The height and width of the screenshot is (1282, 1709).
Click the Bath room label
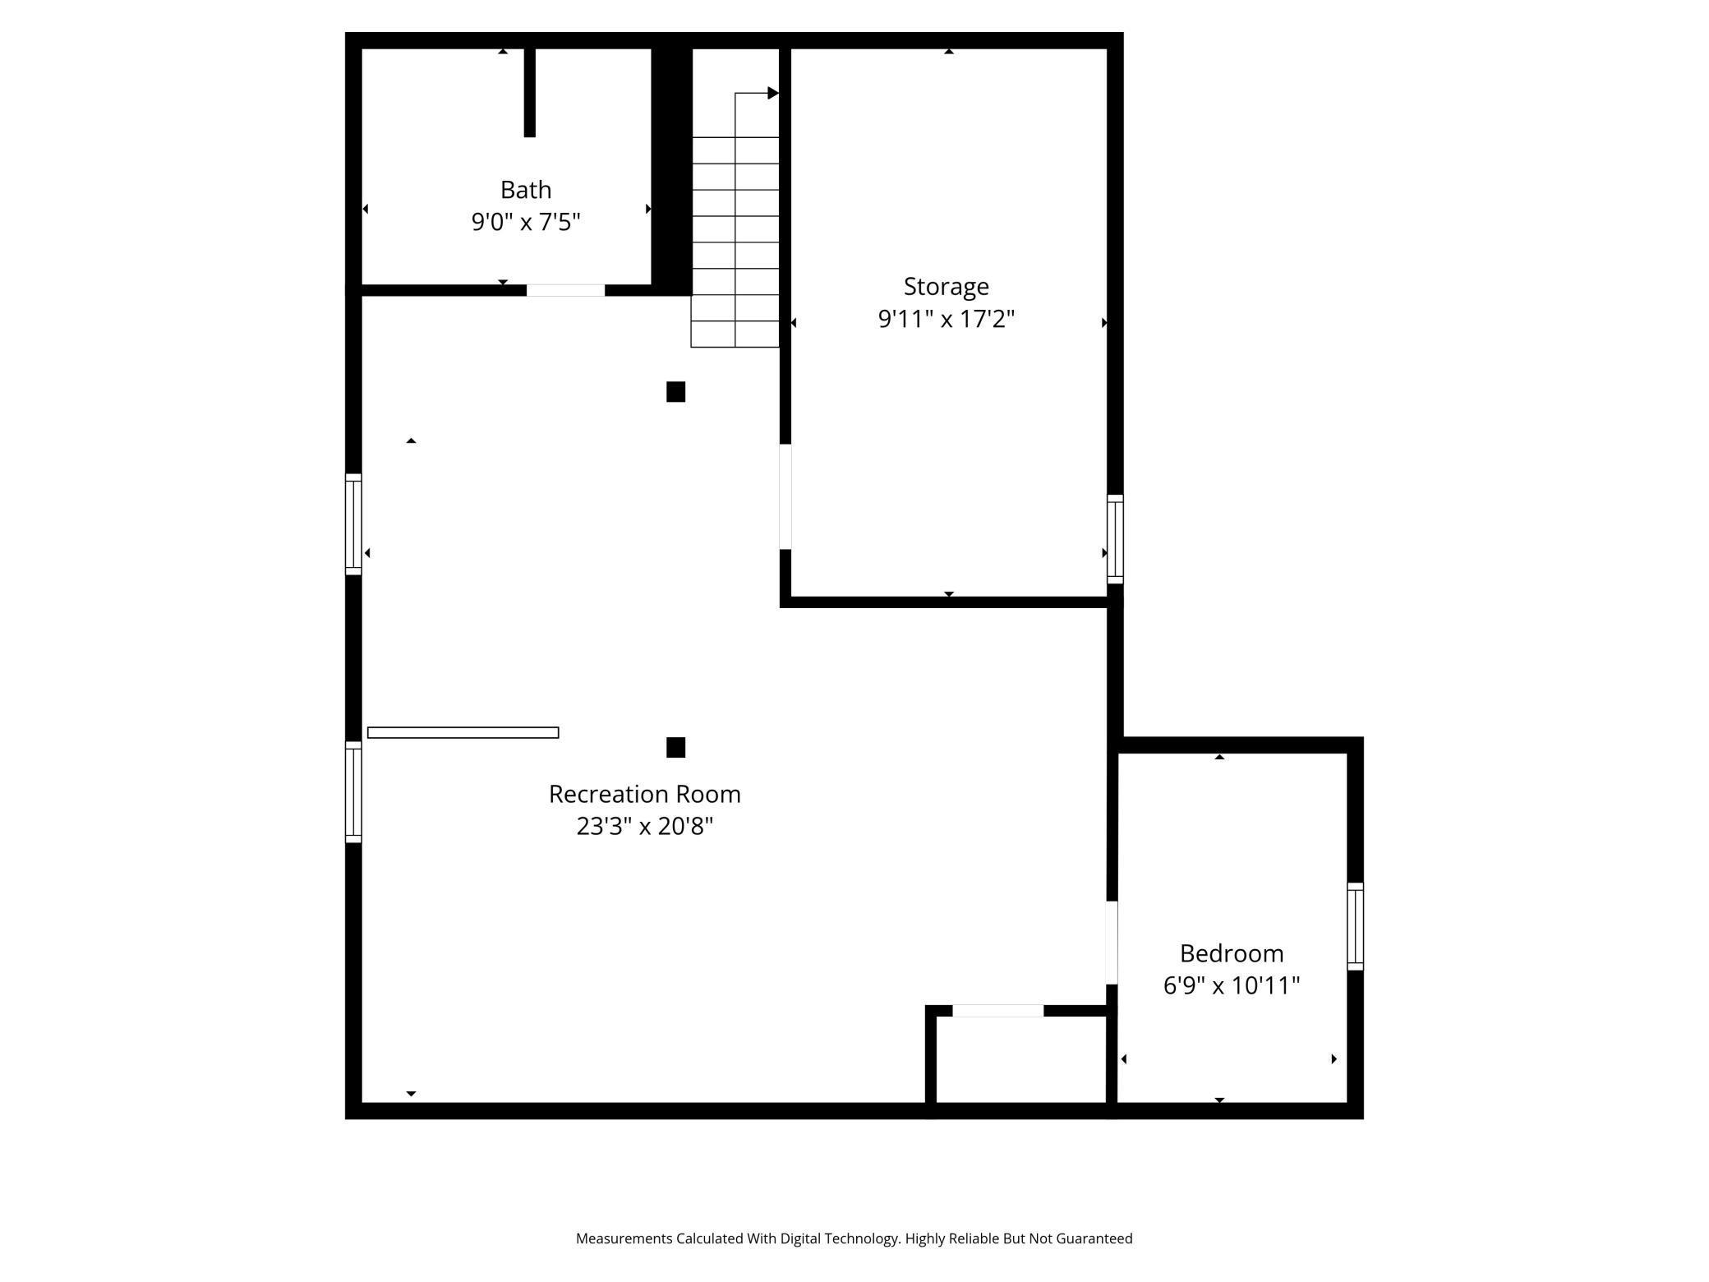click(x=526, y=190)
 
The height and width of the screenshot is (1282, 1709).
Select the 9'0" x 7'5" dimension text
click(x=526, y=222)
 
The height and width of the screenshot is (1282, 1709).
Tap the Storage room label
click(x=946, y=287)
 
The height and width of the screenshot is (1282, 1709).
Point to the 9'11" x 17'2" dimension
click(x=946, y=319)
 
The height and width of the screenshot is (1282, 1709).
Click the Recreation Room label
click(x=644, y=794)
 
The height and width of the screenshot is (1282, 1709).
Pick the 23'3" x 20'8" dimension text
click(x=644, y=826)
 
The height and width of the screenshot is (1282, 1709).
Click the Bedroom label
click(x=1231, y=953)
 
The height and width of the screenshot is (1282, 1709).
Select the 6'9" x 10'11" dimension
click(x=1231, y=985)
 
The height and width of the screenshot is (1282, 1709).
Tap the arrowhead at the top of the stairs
click(x=772, y=93)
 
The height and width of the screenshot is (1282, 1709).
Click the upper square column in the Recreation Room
click(x=675, y=392)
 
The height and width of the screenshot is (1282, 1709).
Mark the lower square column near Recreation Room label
click(x=675, y=747)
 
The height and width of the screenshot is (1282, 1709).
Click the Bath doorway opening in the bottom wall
click(x=565, y=290)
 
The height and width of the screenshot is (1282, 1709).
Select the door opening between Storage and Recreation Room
click(x=785, y=496)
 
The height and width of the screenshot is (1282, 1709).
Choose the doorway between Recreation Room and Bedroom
click(x=1112, y=943)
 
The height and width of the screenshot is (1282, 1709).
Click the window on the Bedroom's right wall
click(x=1355, y=926)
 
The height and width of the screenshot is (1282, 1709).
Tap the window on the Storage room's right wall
click(x=1115, y=539)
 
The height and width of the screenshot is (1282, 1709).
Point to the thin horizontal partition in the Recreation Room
click(x=463, y=732)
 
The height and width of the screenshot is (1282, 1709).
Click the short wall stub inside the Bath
click(x=530, y=92)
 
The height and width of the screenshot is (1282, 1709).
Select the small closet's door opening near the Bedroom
click(x=997, y=1011)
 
